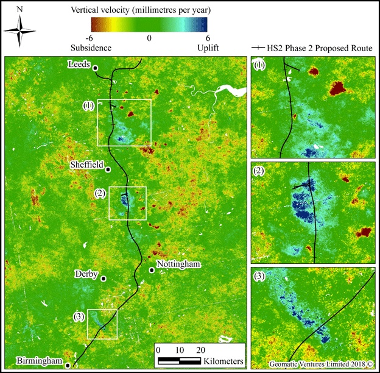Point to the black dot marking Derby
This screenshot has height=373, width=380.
click(104, 279)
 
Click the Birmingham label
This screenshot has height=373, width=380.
click(41, 361)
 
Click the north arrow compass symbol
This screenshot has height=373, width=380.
click(21, 30)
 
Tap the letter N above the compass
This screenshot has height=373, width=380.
click(21, 10)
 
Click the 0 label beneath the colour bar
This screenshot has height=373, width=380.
click(149, 37)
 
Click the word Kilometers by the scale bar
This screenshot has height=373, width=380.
click(224, 361)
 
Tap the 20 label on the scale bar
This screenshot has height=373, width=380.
click(200, 350)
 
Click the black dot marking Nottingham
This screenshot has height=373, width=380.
click(152, 269)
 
